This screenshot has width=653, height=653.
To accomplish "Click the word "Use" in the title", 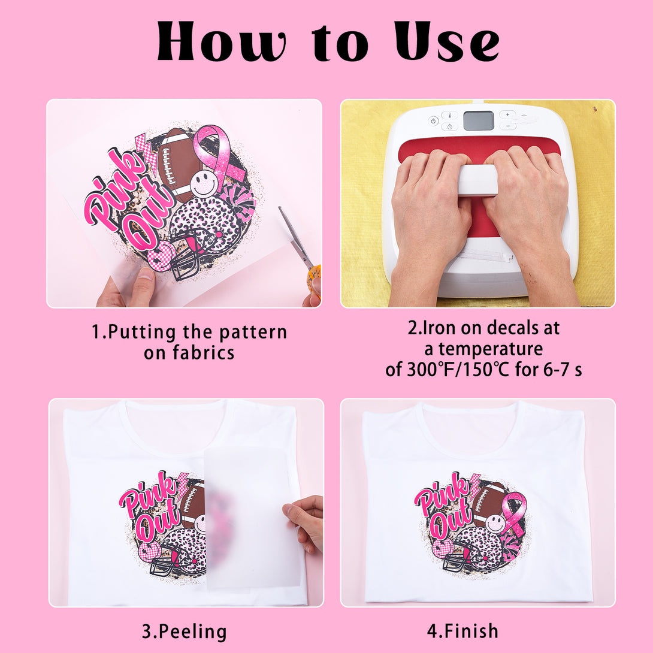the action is pyautogui.click(x=447, y=42).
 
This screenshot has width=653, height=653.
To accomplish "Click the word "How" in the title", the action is pyautogui.click(x=221, y=42).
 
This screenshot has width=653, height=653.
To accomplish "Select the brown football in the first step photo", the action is pyautogui.click(x=177, y=165).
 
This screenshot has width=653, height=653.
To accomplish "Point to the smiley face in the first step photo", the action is pyautogui.click(x=204, y=184).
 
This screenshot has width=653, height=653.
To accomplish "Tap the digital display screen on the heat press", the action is pyautogui.click(x=479, y=120).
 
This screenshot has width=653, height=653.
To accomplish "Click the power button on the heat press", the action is pyautogui.click(x=433, y=121).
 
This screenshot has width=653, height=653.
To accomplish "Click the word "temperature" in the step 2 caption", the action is pyautogui.click(x=490, y=349).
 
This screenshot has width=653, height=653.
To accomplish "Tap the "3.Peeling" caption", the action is pyautogui.click(x=184, y=632).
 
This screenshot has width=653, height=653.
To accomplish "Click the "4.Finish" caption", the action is pyautogui.click(x=462, y=631).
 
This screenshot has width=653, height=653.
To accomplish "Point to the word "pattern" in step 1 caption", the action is pyautogui.click(x=253, y=332).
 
